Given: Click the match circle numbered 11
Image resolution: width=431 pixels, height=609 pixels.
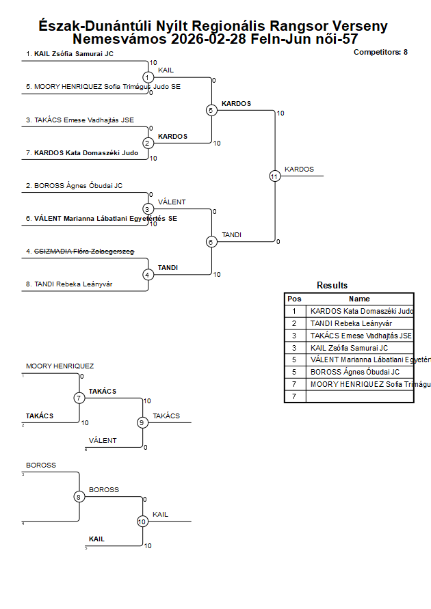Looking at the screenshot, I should tap(274, 176).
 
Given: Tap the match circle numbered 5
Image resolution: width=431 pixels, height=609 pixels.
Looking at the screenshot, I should tap(211, 110).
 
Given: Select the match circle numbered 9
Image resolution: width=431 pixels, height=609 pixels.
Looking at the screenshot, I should tap(142, 422).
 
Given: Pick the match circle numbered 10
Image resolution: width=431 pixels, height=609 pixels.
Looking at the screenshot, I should tap(142, 521).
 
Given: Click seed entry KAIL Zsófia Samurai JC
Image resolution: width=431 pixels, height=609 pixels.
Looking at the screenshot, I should tap(70, 53).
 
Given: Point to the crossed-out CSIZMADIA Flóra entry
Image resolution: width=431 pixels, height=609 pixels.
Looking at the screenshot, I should tap(79, 252).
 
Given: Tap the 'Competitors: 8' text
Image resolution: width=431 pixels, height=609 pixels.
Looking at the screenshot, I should tap(380, 52).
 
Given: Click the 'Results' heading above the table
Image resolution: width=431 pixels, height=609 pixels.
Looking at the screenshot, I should tap(332, 286).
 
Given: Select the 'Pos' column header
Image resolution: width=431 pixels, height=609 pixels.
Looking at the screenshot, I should tap(294, 299).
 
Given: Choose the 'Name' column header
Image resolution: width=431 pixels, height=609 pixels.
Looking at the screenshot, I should tap(359, 299).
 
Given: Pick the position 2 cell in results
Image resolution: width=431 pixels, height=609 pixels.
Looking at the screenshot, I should tap(294, 323).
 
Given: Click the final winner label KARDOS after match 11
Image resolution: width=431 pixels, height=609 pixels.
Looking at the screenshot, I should tap(299, 169).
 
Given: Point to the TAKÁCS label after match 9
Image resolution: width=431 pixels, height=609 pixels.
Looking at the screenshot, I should tap(166, 416).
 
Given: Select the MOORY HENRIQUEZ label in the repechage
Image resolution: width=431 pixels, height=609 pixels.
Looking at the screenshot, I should tap(60, 366).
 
